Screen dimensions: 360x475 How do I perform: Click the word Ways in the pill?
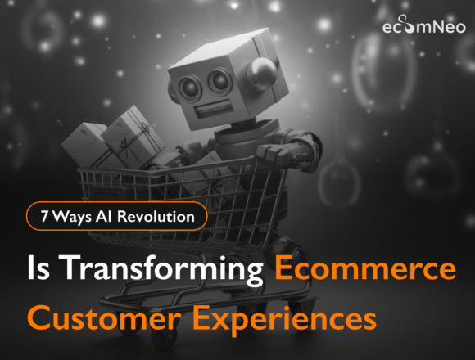click(69, 218)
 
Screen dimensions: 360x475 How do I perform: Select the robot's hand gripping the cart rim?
click(269, 155)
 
